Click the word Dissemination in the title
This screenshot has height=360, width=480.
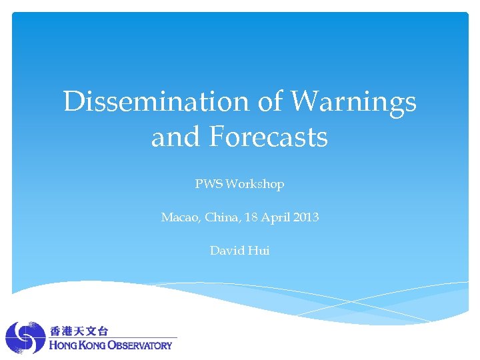coord(156,102)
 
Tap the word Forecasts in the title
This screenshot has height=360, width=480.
coord(269,137)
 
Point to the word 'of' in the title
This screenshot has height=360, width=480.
coord(270,102)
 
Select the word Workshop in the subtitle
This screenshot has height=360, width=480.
coord(255,184)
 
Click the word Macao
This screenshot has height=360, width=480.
coord(178,217)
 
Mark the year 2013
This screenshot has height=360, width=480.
coord(305,217)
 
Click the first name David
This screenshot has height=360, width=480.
coord(227,251)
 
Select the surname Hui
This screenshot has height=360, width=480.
coord(259,251)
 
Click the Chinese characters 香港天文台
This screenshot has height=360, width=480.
coord(79,331)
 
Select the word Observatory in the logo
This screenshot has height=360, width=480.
coord(141,345)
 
